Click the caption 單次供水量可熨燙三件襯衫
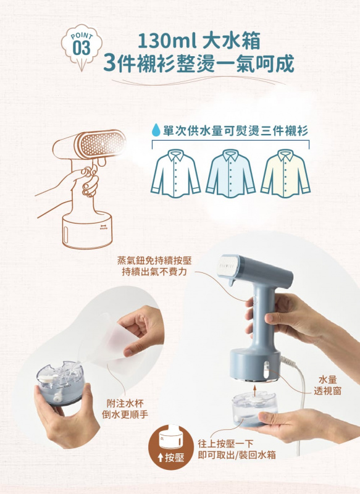tap(235, 131)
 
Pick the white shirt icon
tap(177, 175)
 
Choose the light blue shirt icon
tap(230, 175)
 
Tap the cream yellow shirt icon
tap(285, 175)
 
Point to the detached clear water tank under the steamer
tap(255, 411)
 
